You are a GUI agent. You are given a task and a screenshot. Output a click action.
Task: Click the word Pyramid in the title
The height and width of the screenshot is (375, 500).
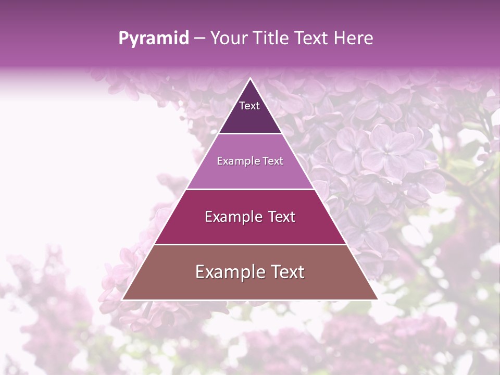[x=154, y=39]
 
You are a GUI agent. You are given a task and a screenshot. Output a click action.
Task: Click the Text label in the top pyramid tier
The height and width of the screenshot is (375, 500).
[x=249, y=106]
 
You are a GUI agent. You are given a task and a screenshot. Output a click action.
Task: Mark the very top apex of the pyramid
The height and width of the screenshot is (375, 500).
[x=250, y=79]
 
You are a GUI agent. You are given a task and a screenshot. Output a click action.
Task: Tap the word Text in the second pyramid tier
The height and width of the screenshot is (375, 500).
[x=273, y=161]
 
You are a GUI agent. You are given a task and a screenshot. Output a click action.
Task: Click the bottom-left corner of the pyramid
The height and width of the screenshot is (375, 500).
[x=123, y=299]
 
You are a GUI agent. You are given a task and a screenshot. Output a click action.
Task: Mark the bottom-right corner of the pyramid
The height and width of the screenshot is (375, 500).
[x=377, y=299]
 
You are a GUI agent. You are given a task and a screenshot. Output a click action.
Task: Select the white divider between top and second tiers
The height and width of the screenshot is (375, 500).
[x=250, y=134]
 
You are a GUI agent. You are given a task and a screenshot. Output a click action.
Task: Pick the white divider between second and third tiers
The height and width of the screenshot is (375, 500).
[x=250, y=189]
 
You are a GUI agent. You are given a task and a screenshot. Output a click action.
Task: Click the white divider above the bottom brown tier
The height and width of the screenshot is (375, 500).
[x=250, y=244]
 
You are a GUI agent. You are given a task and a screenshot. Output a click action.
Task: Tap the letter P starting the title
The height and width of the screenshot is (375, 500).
[x=123, y=39]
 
